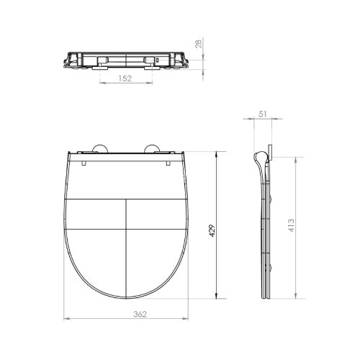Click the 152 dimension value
click(125, 78)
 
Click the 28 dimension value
click(199, 44)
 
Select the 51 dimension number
click(263, 114)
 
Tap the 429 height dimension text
click(212, 230)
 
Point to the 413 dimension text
click(291, 225)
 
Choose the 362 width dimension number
click(140, 314)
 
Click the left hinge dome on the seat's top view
click(100, 148)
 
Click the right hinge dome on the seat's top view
click(151, 148)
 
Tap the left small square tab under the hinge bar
click(84, 163)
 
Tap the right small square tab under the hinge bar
click(168, 163)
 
